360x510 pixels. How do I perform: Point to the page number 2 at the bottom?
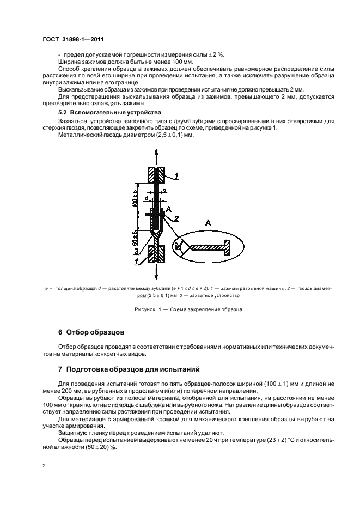pyautogui.click(x=44, y=465)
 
